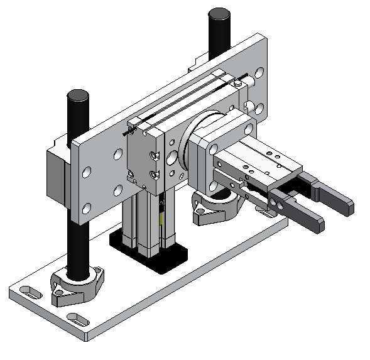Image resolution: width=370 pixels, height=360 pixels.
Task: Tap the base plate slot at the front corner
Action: [x=78, y=319]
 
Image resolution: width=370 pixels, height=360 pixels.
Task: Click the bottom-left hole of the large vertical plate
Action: [x=86, y=208]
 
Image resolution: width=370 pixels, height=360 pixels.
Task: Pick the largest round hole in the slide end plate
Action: [x=172, y=155]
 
